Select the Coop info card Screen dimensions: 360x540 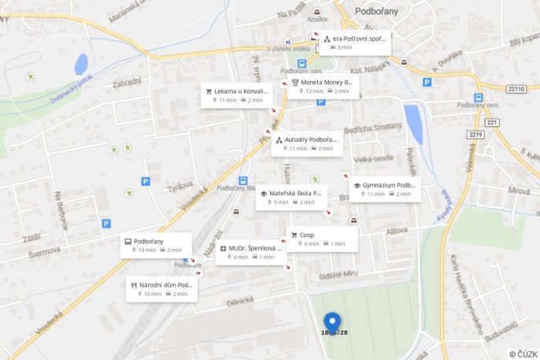pos(323,239)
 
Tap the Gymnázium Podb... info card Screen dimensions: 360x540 pos(385,189)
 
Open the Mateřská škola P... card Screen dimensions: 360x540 pos(291,197)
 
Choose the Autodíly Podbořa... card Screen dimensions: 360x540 pos(307,143)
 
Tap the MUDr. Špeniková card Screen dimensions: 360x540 pos(250,252)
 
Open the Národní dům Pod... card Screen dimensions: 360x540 pos(162,289)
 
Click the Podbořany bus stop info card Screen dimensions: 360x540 pos(156,245)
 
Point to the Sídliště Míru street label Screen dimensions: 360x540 pos(338,273)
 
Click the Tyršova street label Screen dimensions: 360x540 pos(180,187)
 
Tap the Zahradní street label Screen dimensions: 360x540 pos(127,83)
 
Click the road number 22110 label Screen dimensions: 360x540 pos(516,89)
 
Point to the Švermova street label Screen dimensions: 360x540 pos(44,251)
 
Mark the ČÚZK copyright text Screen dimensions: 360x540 pos(523,354)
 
